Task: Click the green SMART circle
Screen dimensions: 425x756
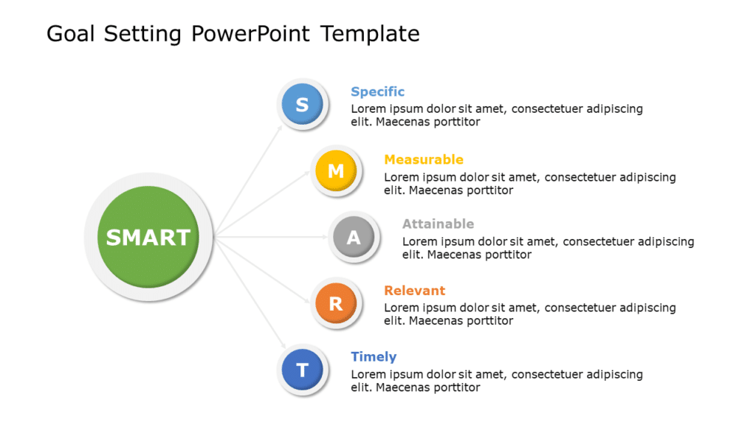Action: coord(148,237)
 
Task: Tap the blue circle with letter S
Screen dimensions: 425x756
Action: coord(302,105)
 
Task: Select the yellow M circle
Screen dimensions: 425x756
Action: coord(335,171)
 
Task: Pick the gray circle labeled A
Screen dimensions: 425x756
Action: coord(354,237)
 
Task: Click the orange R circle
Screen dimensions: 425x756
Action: coord(335,303)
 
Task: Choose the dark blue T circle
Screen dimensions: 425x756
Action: coord(302,369)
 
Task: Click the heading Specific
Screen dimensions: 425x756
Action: coord(377,91)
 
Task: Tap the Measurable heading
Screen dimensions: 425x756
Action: coord(424,159)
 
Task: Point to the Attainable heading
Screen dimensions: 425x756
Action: coord(438,224)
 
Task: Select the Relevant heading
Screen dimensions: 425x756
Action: coord(414,290)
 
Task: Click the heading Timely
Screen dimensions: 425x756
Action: coord(374,356)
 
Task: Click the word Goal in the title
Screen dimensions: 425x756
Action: coord(72,33)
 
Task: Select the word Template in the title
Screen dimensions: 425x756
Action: coord(370,33)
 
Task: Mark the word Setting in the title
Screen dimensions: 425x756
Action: coord(144,33)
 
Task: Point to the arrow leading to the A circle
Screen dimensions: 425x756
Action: coord(273,237)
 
